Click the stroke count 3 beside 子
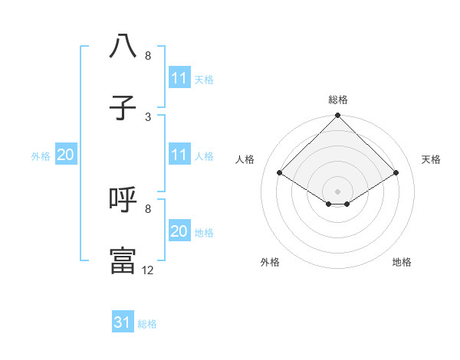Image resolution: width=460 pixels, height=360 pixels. click(x=148, y=116)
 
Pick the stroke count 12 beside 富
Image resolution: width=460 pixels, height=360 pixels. click(x=148, y=270)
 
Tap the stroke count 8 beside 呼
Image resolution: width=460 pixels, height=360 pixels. click(x=148, y=208)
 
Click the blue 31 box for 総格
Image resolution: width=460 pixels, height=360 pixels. click(x=123, y=323)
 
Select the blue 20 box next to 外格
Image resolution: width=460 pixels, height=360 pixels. click(x=66, y=155)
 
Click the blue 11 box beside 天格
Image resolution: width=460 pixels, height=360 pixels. click(x=179, y=79)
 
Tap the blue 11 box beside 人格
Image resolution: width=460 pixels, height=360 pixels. click(x=179, y=155)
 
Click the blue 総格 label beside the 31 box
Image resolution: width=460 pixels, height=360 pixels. click(x=147, y=324)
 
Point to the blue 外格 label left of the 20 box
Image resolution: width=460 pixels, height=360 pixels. click(x=41, y=156)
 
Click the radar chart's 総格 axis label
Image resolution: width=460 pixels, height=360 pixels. click(x=337, y=100)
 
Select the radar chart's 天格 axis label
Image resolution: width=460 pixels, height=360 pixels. click(x=432, y=159)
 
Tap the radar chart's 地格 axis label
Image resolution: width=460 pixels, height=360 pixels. click(x=402, y=262)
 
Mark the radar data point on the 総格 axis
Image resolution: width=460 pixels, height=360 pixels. click(x=337, y=116)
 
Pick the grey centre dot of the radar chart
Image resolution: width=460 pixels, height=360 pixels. click(x=337, y=191)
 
